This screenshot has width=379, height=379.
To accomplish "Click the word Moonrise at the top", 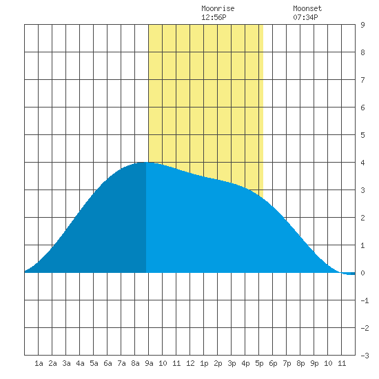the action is pyautogui.click(x=218, y=8).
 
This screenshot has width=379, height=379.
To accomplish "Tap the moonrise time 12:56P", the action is pyautogui.click(x=214, y=17).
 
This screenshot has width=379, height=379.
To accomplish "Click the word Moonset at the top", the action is pyautogui.click(x=307, y=8).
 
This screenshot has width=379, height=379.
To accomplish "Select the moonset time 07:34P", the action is pyautogui.click(x=305, y=17).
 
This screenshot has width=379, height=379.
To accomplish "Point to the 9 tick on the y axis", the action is pyautogui.click(x=362, y=25).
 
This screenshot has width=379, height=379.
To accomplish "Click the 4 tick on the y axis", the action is pyautogui.click(x=362, y=163).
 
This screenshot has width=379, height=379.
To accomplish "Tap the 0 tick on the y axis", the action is pyautogui.click(x=362, y=273).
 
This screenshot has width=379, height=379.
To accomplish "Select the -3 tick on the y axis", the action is pyautogui.click(x=365, y=356).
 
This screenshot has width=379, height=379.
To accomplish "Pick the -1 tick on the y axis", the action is pyautogui.click(x=365, y=300).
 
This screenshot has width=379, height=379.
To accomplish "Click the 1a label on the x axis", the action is pyautogui.click(x=39, y=363).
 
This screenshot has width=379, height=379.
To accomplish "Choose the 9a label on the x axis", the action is pyautogui.click(x=149, y=363).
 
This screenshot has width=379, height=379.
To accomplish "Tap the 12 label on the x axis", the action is pyautogui.click(x=190, y=363).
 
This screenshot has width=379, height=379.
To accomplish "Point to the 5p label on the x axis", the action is pyautogui.click(x=259, y=363).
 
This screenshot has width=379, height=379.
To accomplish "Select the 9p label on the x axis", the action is pyautogui.click(x=314, y=363).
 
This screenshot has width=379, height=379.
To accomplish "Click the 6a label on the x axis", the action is pyautogui.click(x=107, y=363).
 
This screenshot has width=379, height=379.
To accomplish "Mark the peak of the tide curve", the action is pyautogui.click(x=146, y=163).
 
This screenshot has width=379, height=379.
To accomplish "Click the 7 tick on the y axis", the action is pyautogui.click(x=362, y=80).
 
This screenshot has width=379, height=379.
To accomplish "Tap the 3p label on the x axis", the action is pyautogui.click(x=232, y=363).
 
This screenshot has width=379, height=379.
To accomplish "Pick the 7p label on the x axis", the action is pyautogui.click(x=287, y=363).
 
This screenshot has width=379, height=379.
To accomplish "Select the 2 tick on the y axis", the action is pyautogui.click(x=362, y=218).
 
